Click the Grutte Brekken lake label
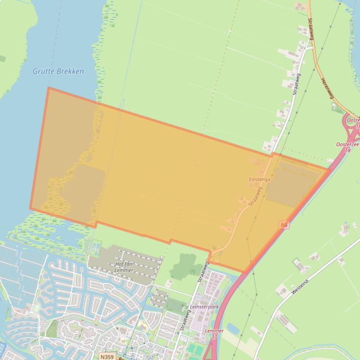(58, 72)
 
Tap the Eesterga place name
(259, 179)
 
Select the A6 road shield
(283, 225)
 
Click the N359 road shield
(107, 357)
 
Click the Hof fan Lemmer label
(124, 267)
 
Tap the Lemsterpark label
(204, 307)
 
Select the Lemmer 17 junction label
(214, 333)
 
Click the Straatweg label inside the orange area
(255, 197)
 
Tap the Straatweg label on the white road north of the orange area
(296, 84)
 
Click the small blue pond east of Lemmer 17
(232, 328)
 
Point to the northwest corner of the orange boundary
(48, 87)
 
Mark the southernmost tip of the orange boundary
(244, 272)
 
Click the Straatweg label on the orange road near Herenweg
(310, 29)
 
